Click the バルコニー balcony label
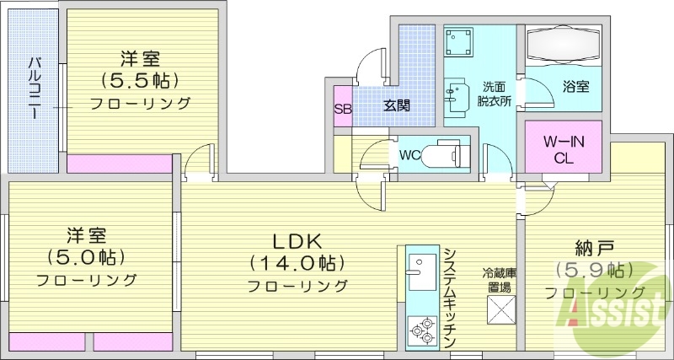pyautogui.click(x=34, y=89)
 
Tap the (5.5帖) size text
pyautogui.click(x=141, y=82)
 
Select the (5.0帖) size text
pyautogui.click(x=84, y=256)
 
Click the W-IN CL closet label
pyautogui.click(x=563, y=148)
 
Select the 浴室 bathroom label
pyautogui.click(x=575, y=86)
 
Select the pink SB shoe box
pyautogui.click(x=343, y=107)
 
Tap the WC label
pyautogui.click(x=409, y=155)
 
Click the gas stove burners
pyautogui.click(x=419, y=330)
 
